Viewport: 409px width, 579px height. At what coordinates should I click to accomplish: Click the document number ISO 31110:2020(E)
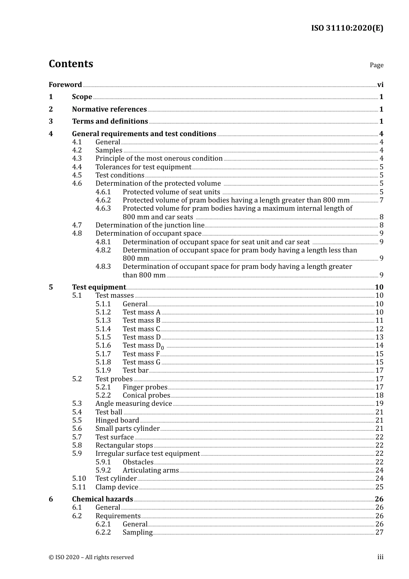tap(347, 28)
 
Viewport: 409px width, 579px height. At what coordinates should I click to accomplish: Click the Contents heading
tap(71, 64)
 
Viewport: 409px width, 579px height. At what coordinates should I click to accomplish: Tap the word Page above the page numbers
tap(376, 65)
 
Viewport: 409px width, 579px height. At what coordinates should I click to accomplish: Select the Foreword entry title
tap(65, 85)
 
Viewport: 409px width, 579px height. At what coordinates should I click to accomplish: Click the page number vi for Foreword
tap(380, 85)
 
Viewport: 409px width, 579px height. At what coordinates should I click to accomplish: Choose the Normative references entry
tap(109, 109)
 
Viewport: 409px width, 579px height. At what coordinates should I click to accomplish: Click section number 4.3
tap(77, 159)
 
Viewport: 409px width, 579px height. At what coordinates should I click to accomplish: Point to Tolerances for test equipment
tap(143, 167)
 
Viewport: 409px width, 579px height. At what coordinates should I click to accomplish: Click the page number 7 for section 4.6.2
tap(381, 200)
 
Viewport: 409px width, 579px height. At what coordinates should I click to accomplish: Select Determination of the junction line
tap(150, 225)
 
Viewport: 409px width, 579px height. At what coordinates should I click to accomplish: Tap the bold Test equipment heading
tap(99, 287)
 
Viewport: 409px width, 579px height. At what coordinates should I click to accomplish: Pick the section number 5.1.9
tap(103, 370)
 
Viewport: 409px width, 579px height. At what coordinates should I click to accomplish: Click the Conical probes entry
tap(146, 395)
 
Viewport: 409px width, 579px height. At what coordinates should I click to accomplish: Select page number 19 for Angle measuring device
tap(379, 404)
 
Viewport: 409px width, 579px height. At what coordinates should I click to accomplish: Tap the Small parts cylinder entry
tap(127, 429)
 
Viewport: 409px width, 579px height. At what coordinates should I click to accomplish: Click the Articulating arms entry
tap(151, 470)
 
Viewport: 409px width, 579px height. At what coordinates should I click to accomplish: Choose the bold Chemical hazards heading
tap(102, 499)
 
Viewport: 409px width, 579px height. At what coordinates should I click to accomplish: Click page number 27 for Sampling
tap(379, 532)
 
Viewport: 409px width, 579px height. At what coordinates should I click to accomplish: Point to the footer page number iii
tap(380, 557)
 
